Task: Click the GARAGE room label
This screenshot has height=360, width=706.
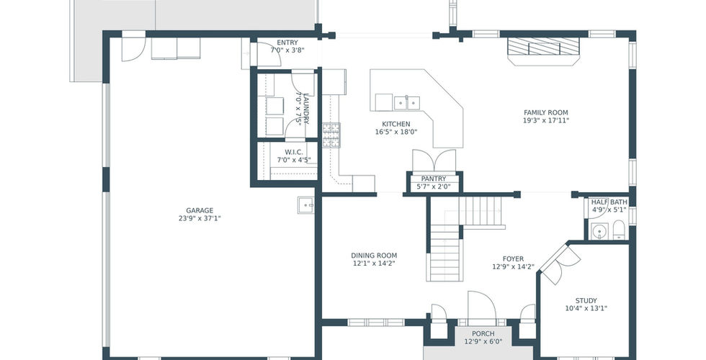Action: click(x=200, y=210)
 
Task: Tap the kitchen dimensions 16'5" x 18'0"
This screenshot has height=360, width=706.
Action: click(x=396, y=132)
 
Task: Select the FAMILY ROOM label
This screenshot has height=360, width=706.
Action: click(x=546, y=112)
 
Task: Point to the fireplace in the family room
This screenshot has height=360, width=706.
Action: click(x=543, y=51)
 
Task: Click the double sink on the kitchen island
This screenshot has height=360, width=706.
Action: click(x=406, y=102)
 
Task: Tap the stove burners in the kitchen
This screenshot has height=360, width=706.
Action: click(x=331, y=135)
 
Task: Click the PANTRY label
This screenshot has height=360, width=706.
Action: click(x=434, y=179)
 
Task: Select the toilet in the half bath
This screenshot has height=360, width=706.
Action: click(x=619, y=230)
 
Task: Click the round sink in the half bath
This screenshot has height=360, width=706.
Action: click(x=599, y=231)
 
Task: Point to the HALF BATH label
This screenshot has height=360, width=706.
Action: click(x=609, y=202)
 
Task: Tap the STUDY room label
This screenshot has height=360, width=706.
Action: click(x=586, y=301)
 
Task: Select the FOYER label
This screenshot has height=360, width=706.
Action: click(x=513, y=258)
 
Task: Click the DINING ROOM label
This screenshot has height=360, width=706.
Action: click(x=374, y=256)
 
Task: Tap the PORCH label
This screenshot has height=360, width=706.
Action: click(x=483, y=333)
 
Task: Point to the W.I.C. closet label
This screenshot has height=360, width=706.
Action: click(x=294, y=152)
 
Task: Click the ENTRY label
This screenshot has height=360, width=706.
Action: click(x=287, y=42)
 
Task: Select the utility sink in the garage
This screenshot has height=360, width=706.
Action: click(x=306, y=205)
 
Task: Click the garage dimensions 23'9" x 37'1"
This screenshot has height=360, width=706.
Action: click(x=200, y=219)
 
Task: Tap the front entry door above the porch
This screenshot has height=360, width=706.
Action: click(x=482, y=307)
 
